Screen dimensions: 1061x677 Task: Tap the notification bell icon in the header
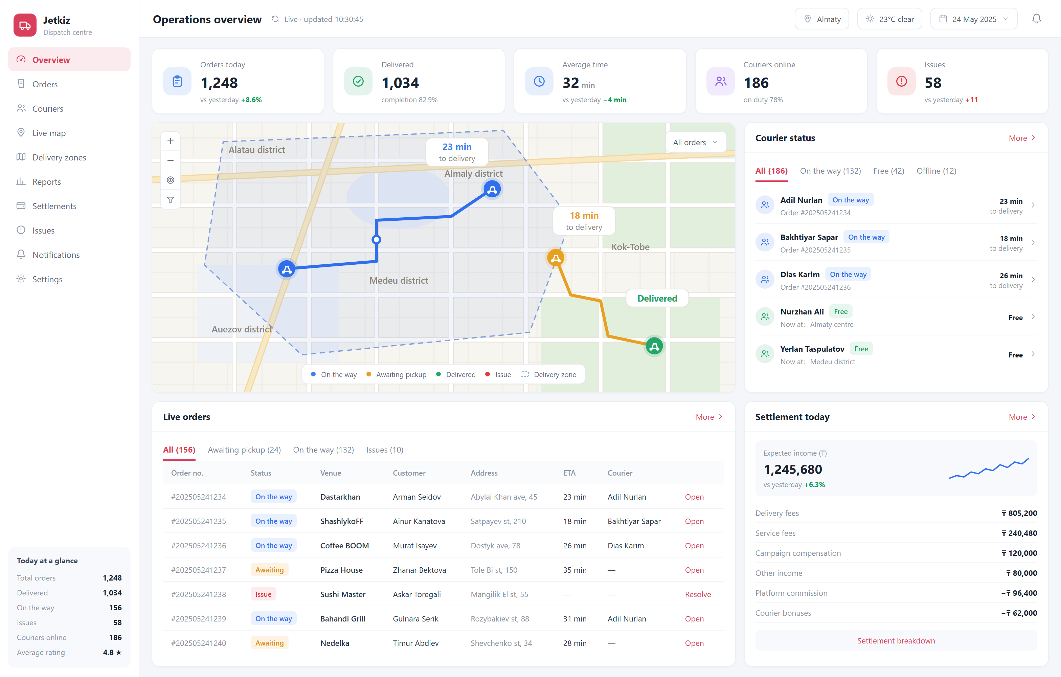(x=1036, y=19)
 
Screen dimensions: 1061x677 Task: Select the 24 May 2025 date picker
(x=973, y=19)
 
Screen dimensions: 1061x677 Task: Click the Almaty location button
(x=822, y=19)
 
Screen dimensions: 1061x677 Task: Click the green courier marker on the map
(x=654, y=346)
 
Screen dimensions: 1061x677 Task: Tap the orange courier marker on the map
(x=556, y=258)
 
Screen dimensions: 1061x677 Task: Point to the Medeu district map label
(x=399, y=280)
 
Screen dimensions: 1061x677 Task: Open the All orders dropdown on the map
(x=695, y=143)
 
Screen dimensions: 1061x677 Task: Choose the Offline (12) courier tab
(x=936, y=171)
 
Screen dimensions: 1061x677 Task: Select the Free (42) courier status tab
(x=888, y=171)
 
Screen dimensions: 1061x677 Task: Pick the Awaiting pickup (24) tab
(x=244, y=450)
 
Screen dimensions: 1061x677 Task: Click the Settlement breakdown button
(x=896, y=640)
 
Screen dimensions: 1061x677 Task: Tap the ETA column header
(x=569, y=473)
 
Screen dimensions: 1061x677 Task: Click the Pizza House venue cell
(x=341, y=570)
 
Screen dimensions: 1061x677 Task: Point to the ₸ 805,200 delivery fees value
(x=1019, y=513)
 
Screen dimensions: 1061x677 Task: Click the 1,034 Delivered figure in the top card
(x=400, y=83)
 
